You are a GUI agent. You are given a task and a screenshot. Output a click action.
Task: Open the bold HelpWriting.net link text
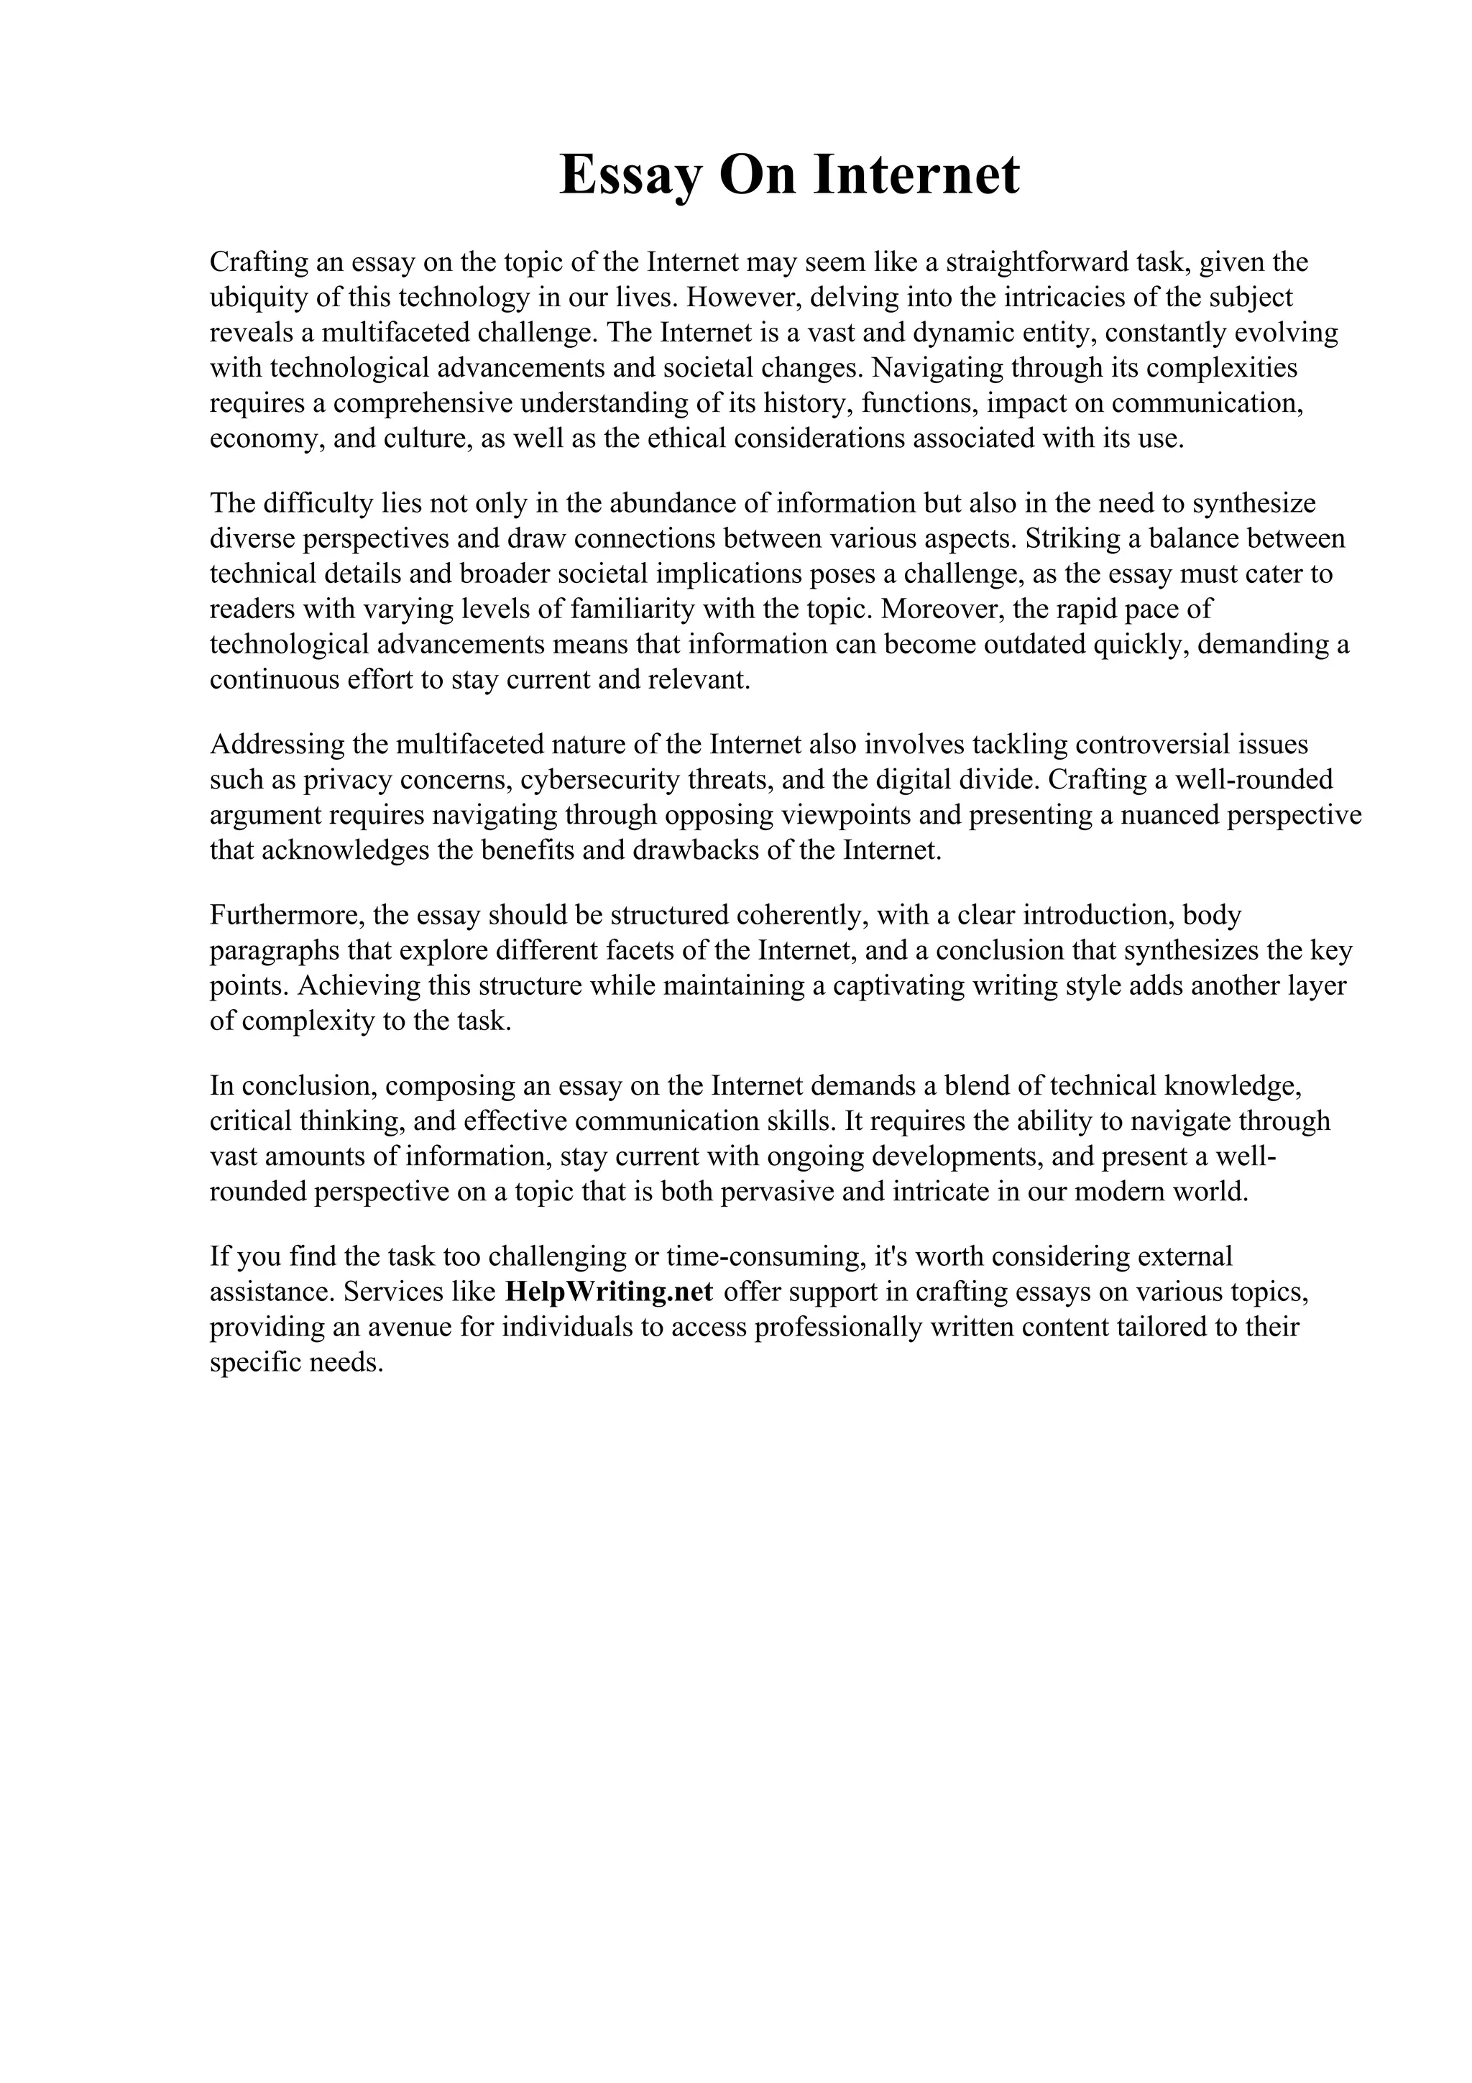609,1292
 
